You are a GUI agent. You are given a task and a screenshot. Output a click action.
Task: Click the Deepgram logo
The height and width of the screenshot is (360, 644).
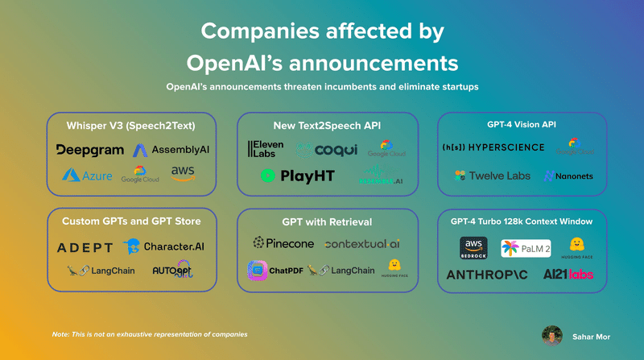pos(90,150)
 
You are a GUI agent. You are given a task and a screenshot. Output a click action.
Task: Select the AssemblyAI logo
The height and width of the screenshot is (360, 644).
pos(171,150)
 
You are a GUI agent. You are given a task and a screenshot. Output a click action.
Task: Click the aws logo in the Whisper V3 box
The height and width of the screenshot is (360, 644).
pos(184,173)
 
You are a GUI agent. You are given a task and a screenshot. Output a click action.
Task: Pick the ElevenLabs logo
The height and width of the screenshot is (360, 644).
pos(265,149)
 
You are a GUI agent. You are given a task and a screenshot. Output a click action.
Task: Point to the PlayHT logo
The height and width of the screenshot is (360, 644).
pos(297,176)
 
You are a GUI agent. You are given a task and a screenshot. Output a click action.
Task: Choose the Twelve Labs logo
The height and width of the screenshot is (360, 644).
pos(492,175)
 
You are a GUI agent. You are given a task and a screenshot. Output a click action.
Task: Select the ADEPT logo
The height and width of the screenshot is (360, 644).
pos(85,247)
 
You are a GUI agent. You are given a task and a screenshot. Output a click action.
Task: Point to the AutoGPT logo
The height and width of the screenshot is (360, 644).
pos(171,271)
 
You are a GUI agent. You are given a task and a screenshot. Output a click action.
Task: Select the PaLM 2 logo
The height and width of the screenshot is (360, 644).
pos(526,249)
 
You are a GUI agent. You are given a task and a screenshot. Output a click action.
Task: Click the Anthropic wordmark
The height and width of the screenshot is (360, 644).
pos(489,275)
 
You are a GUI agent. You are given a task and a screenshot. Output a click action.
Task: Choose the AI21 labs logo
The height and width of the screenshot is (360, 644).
pos(568,275)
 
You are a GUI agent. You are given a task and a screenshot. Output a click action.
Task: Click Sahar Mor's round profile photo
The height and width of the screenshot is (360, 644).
pos(552,335)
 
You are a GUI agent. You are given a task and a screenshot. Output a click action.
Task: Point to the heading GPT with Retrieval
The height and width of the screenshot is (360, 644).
pos(327,221)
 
